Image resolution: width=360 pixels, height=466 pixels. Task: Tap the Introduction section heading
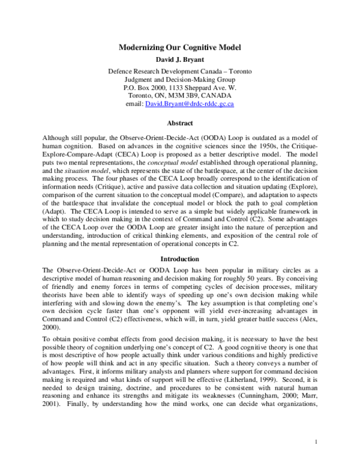(180, 259)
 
